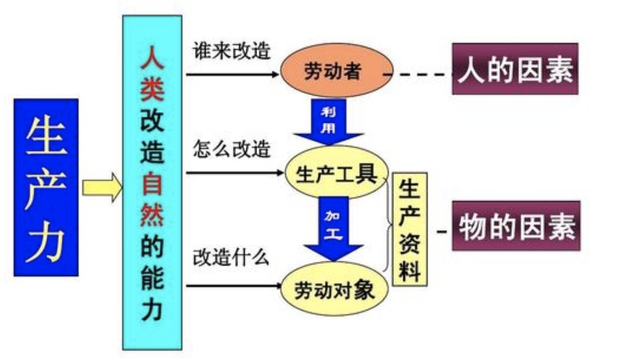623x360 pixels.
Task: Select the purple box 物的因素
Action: coord(516,226)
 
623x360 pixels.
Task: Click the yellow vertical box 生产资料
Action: coord(409,230)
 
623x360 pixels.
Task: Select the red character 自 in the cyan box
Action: coord(152,184)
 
